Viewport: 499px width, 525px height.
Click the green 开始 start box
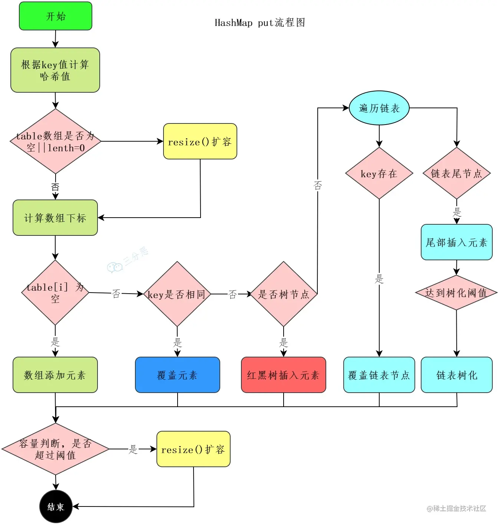pyautogui.click(x=56, y=16)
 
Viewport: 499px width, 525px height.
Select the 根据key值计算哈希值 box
pyautogui.click(x=55, y=70)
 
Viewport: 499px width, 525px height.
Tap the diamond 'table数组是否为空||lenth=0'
pyautogui.click(x=55, y=141)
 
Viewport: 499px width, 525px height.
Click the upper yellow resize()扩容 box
pyautogui.click(x=200, y=141)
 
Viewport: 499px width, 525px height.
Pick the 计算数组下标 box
pyautogui.click(x=55, y=218)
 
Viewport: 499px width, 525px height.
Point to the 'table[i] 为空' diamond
pyautogui.click(x=55, y=293)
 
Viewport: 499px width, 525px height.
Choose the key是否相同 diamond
pyautogui.click(x=177, y=294)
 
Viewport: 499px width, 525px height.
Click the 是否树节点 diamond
pyautogui.click(x=284, y=294)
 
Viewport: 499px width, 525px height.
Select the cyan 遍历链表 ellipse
pyautogui.click(x=379, y=108)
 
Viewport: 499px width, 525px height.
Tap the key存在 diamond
pyautogui.click(x=379, y=173)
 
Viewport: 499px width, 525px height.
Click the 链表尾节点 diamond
pyautogui.click(x=456, y=173)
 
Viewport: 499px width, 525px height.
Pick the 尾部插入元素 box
pyautogui.click(x=456, y=242)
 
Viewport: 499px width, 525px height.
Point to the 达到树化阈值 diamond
pyautogui.click(x=456, y=293)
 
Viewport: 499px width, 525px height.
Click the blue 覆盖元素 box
pyautogui.click(x=177, y=375)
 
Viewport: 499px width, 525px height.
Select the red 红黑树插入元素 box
pyautogui.click(x=283, y=375)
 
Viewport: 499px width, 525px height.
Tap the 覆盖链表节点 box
pyautogui.click(x=379, y=375)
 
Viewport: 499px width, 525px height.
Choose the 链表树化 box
pyautogui.click(x=456, y=375)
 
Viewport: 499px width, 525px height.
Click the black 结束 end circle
pyautogui.click(x=56, y=506)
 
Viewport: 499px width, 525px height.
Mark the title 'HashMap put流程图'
pyautogui.click(x=260, y=23)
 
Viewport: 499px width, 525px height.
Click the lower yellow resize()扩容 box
pyautogui.click(x=193, y=449)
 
